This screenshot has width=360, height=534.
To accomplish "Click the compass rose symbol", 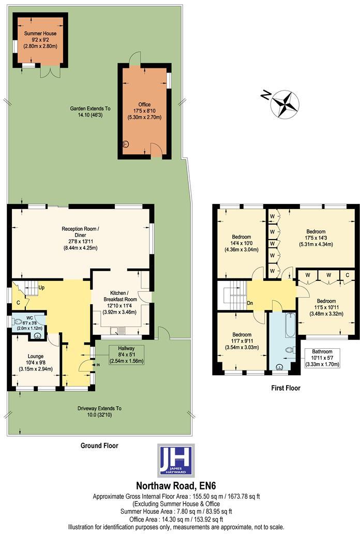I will pos(285,103).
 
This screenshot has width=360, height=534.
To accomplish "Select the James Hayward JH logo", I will pos(176,460).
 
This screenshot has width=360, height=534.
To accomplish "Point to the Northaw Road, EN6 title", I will pos(176,485).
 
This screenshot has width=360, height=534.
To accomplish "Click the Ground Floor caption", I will pos(99,445).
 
